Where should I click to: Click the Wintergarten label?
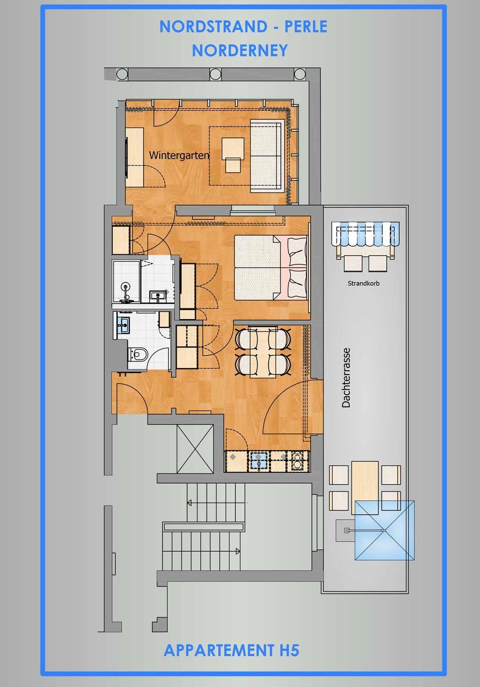pyautogui.click(x=179, y=155)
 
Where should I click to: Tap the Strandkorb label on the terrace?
pyautogui.click(x=364, y=283)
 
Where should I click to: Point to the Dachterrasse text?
pyautogui.click(x=346, y=377)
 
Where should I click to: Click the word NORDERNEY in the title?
pyautogui.click(x=240, y=50)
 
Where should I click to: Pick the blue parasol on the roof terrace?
pyautogui.click(x=385, y=531)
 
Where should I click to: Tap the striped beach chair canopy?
pyautogui.click(x=365, y=233)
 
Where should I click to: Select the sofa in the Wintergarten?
pyautogui.click(x=266, y=156)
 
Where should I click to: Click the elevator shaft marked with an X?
pyautogui.click(x=195, y=449)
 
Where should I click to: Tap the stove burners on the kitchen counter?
pyautogui.click(x=297, y=461)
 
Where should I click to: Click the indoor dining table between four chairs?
pyautogui.click(x=263, y=352)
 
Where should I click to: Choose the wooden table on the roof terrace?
pyautogui.click(x=365, y=488)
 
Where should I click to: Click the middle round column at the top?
pyautogui.click(x=215, y=74)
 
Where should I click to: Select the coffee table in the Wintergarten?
pyautogui.click(x=233, y=155)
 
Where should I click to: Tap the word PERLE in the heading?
pyautogui.click(x=306, y=27)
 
